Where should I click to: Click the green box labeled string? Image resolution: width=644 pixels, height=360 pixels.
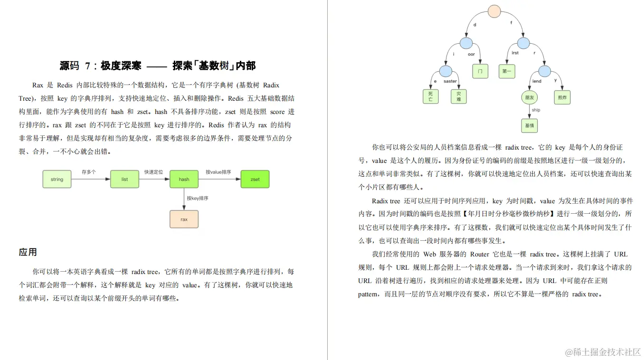point(57,179)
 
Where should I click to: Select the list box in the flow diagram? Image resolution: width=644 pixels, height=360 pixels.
point(124,179)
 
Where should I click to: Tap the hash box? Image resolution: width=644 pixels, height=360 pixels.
point(184,179)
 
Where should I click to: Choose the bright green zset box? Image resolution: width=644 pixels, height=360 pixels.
point(255,179)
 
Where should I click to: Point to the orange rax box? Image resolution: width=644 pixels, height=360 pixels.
point(184,219)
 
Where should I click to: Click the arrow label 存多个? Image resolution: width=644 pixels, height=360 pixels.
point(88,172)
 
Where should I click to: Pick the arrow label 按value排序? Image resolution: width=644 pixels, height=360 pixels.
point(218,172)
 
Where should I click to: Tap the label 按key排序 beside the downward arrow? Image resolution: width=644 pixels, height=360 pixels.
point(198,198)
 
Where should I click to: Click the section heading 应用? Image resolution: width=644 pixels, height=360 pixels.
point(28,252)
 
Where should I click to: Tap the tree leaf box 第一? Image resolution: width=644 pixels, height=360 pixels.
point(506,71)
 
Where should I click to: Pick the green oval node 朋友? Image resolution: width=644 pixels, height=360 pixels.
point(530,97)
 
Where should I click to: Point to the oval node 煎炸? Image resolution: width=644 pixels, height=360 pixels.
point(562,97)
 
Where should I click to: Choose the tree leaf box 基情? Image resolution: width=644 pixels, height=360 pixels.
point(530,125)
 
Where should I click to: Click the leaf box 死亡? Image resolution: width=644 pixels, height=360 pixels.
point(430,96)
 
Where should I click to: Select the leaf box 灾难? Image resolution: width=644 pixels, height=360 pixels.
point(458,96)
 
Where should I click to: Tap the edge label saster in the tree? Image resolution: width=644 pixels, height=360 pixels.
point(450,81)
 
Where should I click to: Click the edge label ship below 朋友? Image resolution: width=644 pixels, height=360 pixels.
point(536,110)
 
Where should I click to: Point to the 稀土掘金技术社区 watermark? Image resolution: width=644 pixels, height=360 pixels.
point(603,352)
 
